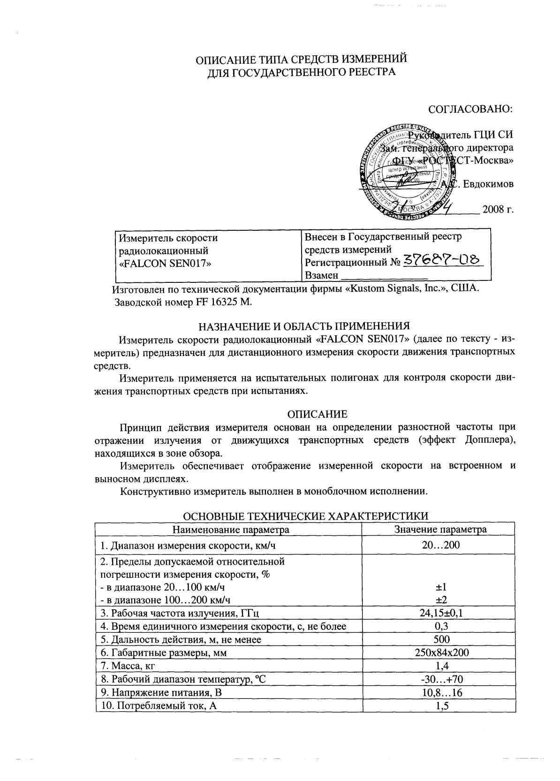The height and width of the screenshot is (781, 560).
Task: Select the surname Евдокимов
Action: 488,184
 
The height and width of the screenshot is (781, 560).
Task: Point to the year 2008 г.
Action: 498,209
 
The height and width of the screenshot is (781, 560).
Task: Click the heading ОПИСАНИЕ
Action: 317,414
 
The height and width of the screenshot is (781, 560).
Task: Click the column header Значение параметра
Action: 440,530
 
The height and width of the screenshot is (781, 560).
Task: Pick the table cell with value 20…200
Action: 439,545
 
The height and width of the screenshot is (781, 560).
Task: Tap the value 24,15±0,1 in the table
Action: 439,613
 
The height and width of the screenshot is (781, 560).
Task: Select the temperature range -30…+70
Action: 439,679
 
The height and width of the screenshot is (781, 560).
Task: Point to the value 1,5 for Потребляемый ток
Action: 439,706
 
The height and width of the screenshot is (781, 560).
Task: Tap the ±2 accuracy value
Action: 439,599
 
